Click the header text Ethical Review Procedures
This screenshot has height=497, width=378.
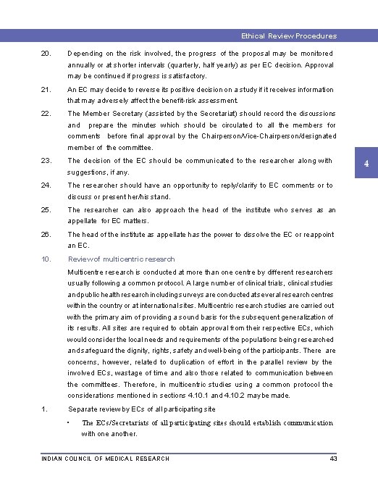(x=288, y=35)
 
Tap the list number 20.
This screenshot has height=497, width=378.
(x=46, y=54)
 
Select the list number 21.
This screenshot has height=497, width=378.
(x=46, y=90)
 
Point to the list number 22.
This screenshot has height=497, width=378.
(x=46, y=114)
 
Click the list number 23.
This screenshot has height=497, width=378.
(x=46, y=161)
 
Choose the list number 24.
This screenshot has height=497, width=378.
(x=46, y=185)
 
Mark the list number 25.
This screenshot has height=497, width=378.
(x=46, y=210)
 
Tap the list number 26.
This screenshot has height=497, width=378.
(x=46, y=235)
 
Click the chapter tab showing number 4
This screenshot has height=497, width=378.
(x=366, y=164)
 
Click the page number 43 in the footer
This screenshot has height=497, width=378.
(x=333, y=459)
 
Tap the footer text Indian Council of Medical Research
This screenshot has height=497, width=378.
(x=106, y=459)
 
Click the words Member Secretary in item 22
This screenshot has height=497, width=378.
(x=108, y=114)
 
